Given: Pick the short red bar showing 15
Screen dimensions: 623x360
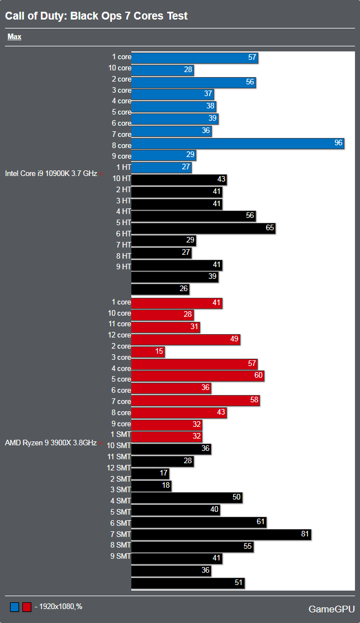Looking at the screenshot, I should (148, 351).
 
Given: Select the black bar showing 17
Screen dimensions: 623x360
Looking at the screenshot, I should (150, 473).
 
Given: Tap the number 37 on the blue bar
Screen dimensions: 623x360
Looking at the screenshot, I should (208, 93).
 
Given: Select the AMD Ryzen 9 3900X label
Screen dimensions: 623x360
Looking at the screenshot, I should (50, 443).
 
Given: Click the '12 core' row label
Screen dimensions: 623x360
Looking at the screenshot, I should (119, 335).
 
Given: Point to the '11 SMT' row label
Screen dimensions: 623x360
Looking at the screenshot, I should (119, 456).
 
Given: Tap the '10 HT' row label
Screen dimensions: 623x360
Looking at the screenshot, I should (121, 178).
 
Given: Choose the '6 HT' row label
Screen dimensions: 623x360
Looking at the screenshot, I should (123, 234).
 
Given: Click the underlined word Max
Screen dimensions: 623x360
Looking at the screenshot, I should (14, 37).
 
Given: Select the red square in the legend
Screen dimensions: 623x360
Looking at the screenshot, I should (26, 607).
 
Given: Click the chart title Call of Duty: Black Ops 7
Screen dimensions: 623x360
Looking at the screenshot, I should (96, 16).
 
